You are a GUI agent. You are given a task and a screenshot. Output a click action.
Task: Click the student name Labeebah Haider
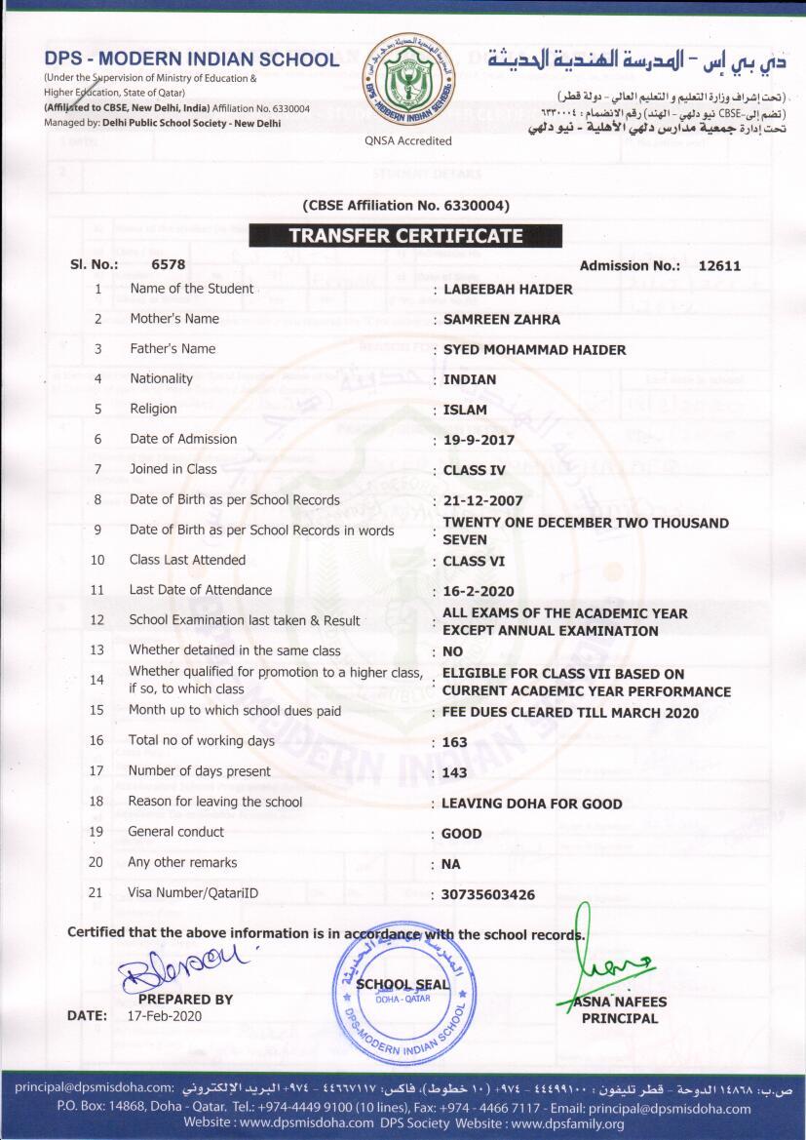(508, 289)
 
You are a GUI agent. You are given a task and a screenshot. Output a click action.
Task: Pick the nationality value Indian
(470, 379)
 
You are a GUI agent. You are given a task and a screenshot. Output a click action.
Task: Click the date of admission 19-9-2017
(479, 440)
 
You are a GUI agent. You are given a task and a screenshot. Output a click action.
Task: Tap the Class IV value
(475, 470)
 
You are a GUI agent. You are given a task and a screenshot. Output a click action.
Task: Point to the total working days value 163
(454, 742)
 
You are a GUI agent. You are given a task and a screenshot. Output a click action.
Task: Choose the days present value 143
(454, 772)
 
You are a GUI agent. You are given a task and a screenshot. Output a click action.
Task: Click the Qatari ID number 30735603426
(488, 894)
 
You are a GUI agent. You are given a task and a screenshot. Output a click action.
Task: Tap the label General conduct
(175, 832)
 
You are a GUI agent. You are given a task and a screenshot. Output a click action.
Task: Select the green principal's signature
(606, 956)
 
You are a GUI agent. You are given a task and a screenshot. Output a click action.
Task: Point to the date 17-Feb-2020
(165, 1015)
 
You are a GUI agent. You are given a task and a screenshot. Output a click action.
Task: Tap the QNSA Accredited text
(408, 140)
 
